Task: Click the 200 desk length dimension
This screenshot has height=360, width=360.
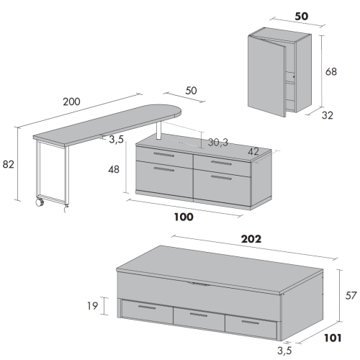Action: pyautogui.click(x=71, y=102)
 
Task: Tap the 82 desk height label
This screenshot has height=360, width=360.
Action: pyautogui.click(x=9, y=165)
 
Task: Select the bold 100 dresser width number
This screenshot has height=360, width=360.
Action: pyautogui.click(x=184, y=217)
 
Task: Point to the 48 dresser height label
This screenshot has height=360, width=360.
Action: pyautogui.click(x=114, y=170)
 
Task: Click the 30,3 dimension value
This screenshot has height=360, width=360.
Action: pyautogui.click(x=218, y=143)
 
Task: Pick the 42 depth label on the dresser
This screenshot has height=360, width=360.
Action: pyautogui.click(x=253, y=151)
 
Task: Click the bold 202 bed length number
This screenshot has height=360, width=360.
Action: pyautogui.click(x=251, y=239)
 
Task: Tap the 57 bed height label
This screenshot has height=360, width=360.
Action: pyautogui.click(x=351, y=295)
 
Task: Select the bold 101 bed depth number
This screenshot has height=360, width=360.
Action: pyautogui.click(x=333, y=338)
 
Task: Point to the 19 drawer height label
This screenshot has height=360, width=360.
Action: pyautogui.click(x=93, y=306)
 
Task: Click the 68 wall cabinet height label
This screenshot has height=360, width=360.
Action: pyautogui.click(x=331, y=72)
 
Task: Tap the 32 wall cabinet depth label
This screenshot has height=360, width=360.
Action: pyautogui.click(x=328, y=115)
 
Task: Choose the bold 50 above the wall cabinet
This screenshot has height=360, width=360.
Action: pyautogui.click(x=302, y=17)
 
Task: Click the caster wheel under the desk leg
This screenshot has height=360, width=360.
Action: pyautogui.click(x=40, y=202)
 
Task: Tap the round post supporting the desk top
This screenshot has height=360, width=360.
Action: pyautogui.click(x=158, y=130)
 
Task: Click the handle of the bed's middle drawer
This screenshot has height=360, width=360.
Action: pyautogui.click(x=199, y=315)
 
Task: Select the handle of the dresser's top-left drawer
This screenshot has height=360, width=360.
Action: pyautogui.click(x=164, y=155)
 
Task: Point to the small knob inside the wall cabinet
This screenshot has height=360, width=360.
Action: pyautogui.click(x=294, y=77)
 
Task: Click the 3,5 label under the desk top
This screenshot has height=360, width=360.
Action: pyautogui.click(x=116, y=140)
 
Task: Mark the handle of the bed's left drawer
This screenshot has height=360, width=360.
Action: pyautogui.click(x=147, y=307)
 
